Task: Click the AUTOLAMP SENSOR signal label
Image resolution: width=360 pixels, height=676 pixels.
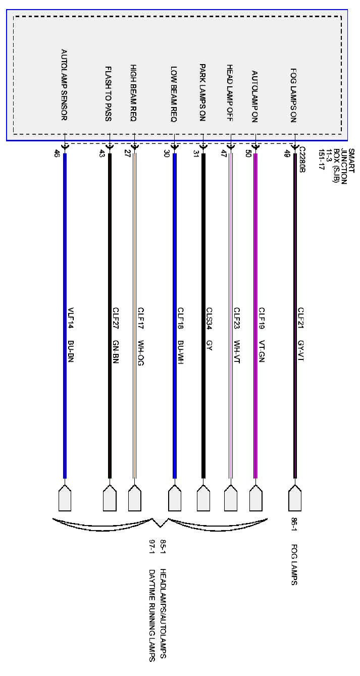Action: tap(64, 85)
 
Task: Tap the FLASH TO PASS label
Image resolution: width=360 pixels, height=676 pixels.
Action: tap(109, 94)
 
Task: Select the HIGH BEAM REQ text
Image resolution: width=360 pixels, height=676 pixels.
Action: tap(133, 93)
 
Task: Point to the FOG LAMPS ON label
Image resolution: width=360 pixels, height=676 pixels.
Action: tap(293, 95)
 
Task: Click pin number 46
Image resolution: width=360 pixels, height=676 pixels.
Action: tap(57, 154)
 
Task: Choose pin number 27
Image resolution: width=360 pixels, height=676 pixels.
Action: tap(127, 153)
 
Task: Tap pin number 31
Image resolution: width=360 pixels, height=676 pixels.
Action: tap(196, 154)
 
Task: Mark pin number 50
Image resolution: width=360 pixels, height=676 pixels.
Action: tap(248, 153)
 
